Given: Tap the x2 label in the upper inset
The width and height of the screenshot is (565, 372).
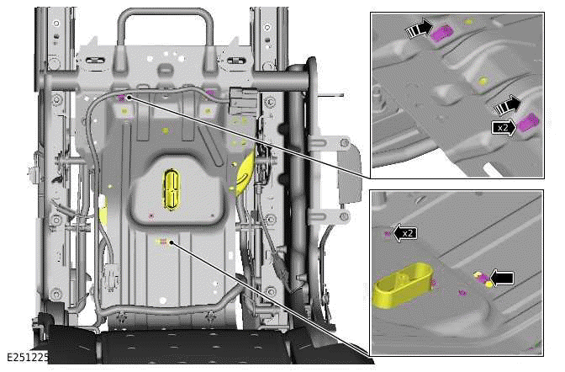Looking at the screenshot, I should tap(503, 127).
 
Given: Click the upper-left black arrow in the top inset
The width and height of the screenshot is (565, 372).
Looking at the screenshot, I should tap(419, 30).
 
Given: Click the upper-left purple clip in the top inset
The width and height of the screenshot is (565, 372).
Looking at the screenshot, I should tap(443, 31).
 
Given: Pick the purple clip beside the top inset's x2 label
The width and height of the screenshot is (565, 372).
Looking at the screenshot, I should tap(528, 125).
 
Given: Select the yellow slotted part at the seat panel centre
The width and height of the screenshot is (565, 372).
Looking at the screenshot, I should tap(173, 187).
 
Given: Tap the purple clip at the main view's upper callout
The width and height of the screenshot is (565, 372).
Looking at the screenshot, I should tap(121, 99).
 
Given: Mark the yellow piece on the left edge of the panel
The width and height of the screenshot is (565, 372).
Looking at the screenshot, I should tap(103, 210).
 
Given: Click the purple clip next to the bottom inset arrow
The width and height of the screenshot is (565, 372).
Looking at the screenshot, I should tap(484, 279).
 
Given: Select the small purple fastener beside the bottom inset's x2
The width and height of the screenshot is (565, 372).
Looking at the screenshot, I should tap(388, 235).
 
